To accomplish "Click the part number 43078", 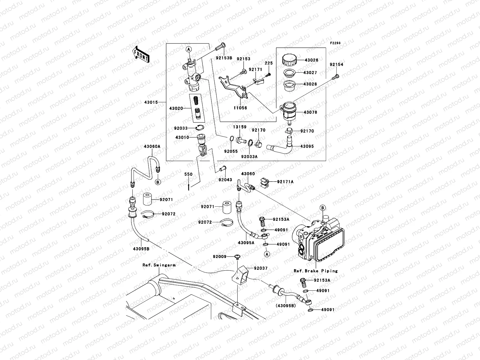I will [x=310, y=112].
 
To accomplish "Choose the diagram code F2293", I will [x=336, y=43].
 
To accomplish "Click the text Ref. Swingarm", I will [x=159, y=265].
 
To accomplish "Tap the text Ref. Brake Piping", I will [x=316, y=271].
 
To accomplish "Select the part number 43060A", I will [x=152, y=146].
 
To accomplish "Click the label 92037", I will [x=261, y=268].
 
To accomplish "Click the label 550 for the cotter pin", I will [x=188, y=174].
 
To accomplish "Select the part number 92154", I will [x=336, y=64].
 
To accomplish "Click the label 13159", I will [x=239, y=127].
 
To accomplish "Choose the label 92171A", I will [x=285, y=181].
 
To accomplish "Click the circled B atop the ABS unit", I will [x=322, y=208].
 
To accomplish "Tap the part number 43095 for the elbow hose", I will [x=307, y=146].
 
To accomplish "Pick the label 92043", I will [x=225, y=180].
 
